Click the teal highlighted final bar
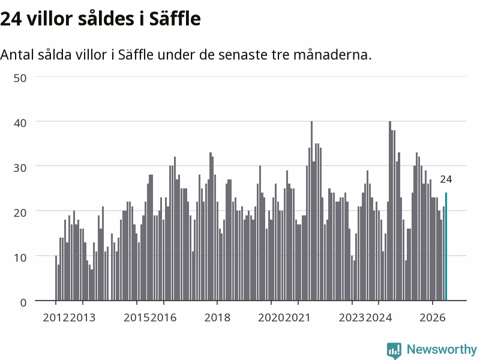(x=446, y=247)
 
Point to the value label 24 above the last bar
(x=446, y=179)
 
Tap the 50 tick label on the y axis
(x=20, y=78)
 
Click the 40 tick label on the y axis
(x=20, y=123)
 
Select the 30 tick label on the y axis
(x=20, y=168)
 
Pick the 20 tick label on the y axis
(x=20, y=212)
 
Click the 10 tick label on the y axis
(x=20, y=257)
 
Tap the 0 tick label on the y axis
(x=23, y=303)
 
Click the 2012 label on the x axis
(x=56, y=318)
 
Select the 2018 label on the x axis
(x=217, y=318)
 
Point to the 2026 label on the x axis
(x=433, y=318)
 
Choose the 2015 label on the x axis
(x=137, y=318)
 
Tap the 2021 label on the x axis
(x=298, y=318)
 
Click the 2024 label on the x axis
(x=379, y=318)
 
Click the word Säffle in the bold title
(x=175, y=19)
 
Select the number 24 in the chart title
(x=11, y=19)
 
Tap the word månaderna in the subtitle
(x=332, y=55)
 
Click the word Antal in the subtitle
(x=17, y=55)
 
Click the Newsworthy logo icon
(x=394, y=350)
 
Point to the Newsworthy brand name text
(x=442, y=349)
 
